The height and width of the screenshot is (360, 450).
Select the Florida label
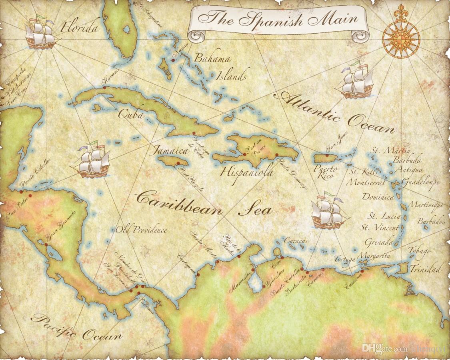[x=79, y=28]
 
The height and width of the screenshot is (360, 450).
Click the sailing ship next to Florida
[x=40, y=34]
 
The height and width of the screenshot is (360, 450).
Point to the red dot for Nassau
[x=173, y=60]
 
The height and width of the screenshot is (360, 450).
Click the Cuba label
[x=131, y=115]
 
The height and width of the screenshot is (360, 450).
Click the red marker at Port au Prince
[x=244, y=154]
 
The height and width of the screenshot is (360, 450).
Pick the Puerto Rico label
[x=325, y=172]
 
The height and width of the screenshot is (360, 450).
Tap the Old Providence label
[x=141, y=230]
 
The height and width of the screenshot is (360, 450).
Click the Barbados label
[x=432, y=221]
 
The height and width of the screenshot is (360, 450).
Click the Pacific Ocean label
[x=76, y=327]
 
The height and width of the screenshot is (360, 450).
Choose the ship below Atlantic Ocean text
[x=356, y=81]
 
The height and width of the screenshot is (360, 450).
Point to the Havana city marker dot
[x=104, y=87]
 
